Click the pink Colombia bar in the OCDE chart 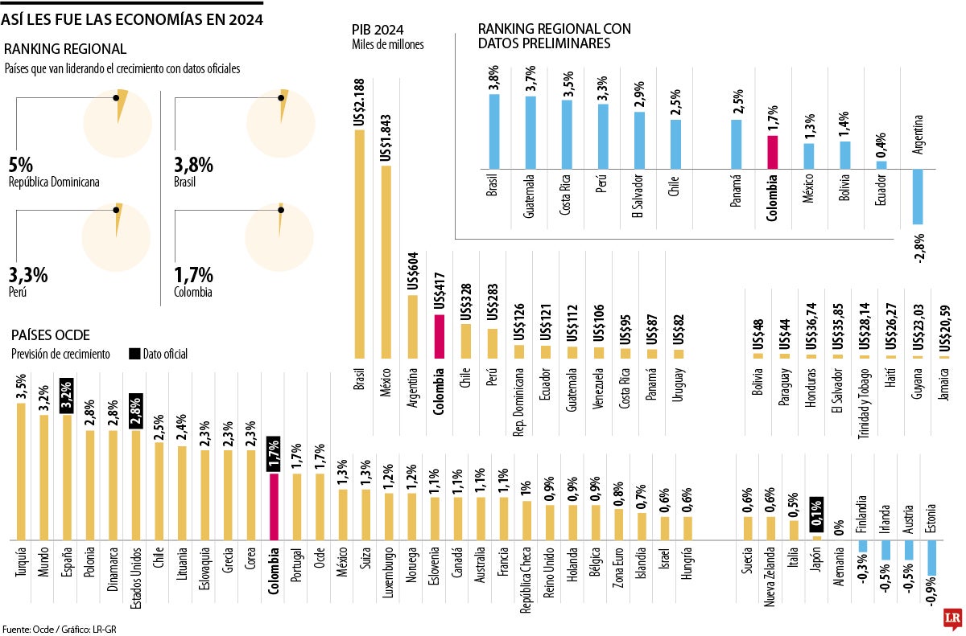tap(274, 506)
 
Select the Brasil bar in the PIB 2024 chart tap(359, 241)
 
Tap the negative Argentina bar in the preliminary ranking tap(918, 196)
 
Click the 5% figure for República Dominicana tap(21, 165)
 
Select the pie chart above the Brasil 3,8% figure tap(280, 122)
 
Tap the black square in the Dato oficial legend tap(134, 354)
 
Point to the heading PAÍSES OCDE tap(49, 334)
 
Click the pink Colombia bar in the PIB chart tap(440, 336)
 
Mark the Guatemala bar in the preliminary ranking tap(530, 132)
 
